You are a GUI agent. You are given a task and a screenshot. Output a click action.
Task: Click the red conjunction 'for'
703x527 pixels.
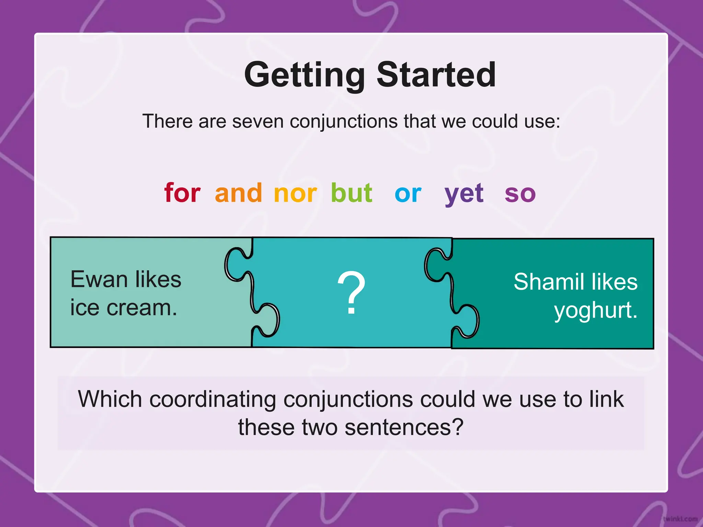182,193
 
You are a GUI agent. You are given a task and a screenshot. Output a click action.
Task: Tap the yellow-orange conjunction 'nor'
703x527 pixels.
295,194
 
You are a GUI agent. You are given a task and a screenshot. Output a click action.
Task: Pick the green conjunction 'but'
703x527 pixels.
351,193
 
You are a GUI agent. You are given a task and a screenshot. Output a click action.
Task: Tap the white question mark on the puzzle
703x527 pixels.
351,292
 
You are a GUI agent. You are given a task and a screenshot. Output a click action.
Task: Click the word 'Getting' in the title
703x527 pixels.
304,75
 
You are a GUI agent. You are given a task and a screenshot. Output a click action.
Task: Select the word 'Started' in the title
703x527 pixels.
436,74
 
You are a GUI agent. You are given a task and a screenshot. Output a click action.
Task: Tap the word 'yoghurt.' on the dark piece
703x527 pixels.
596,311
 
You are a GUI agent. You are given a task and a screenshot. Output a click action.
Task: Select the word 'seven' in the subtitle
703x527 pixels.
258,121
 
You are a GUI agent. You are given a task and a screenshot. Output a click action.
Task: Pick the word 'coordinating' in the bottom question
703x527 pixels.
212,399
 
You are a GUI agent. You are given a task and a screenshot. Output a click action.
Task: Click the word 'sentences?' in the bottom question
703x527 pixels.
404,428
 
